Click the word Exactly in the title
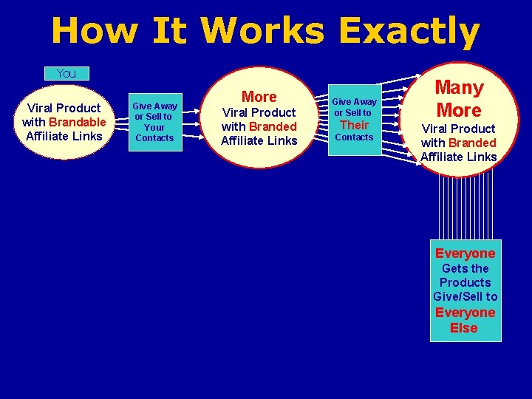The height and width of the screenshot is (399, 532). (409, 32)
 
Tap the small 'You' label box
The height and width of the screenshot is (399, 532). (66, 73)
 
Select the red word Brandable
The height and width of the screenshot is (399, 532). (78, 122)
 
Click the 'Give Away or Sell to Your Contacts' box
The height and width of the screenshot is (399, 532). (154, 121)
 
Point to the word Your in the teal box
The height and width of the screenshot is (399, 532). (154, 127)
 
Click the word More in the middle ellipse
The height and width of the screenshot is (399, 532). (259, 97)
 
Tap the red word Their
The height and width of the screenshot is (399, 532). (354, 124)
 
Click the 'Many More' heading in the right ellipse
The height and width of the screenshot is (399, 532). (458, 99)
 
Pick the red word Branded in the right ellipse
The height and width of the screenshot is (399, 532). (472, 143)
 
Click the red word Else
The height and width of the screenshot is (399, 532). (464, 328)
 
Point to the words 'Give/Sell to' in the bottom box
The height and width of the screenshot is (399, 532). (465, 296)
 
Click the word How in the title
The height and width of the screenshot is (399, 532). (95, 32)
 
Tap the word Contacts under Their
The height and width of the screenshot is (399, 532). (355, 137)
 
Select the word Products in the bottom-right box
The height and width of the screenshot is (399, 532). (465, 282)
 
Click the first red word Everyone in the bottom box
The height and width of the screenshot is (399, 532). (465, 253)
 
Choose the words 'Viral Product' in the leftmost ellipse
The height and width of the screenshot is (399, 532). (64, 108)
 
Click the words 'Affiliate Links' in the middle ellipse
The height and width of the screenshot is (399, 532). (259, 140)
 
